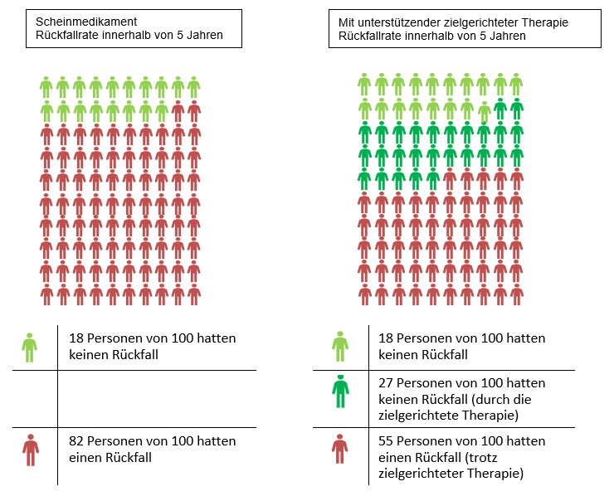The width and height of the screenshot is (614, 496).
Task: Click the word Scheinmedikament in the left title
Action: tap(86, 22)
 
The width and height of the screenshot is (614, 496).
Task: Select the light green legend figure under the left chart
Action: tap(30, 348)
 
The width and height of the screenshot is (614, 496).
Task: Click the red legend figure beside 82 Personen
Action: tap(31, 450)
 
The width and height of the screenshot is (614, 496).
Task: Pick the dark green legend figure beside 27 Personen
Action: tap(340, 391)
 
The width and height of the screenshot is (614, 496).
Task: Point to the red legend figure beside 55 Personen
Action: tap(339, 449)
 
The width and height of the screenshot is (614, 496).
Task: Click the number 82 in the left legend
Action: tap(76, 441)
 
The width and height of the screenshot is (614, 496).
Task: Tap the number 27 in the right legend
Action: tap(386, 383)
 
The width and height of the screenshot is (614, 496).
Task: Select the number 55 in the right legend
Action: tap(386, 441)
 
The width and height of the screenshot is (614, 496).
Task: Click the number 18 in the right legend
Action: tap(386, 338)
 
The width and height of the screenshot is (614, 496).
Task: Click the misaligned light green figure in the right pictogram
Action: tap(485, 112)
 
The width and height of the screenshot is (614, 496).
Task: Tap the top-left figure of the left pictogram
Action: tap(46, 87)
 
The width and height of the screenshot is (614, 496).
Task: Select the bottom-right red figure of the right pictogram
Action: tap(516, 294)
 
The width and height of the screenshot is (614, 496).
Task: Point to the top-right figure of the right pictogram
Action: tap(516, 84)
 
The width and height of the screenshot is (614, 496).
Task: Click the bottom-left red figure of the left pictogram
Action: tap(46, 294)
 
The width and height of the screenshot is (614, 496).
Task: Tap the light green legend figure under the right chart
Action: tap(340, 347)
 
